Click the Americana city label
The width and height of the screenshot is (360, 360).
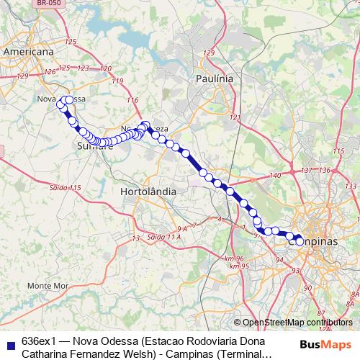29,53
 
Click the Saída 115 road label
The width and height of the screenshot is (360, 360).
65,187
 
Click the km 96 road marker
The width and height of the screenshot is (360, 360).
235,258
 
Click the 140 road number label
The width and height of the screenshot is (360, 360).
274,176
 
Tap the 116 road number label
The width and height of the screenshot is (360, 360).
132,99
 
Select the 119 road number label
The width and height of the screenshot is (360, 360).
117,81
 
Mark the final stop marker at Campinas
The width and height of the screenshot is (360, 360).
300,240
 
